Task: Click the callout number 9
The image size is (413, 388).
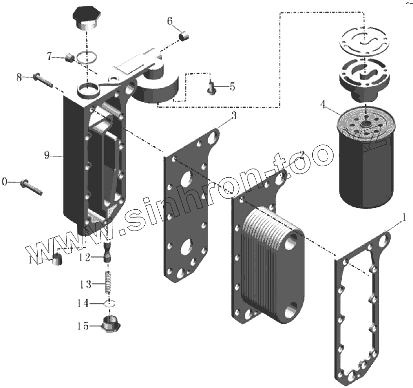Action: point(47,155)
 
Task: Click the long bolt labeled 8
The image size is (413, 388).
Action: point(43,80)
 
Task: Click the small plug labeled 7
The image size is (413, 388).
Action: point(69,59)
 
